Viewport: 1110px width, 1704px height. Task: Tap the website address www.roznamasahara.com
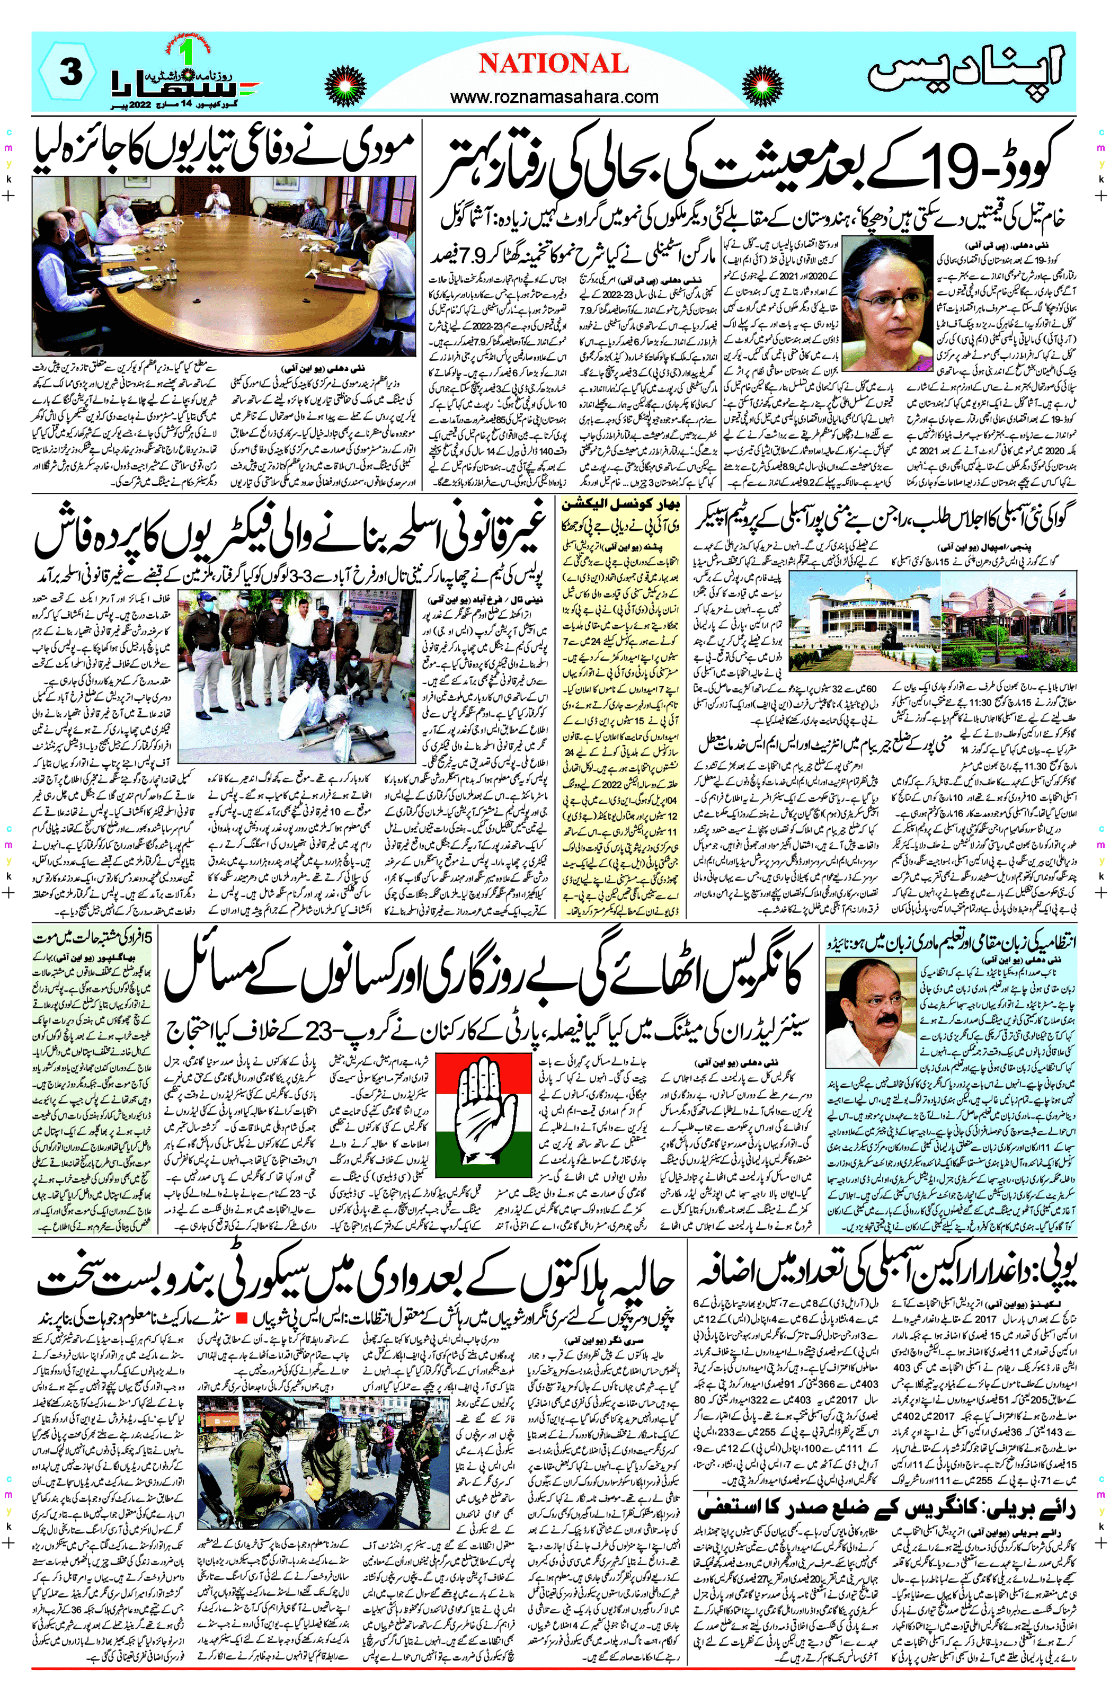pyautogui.click(x=554, y=96)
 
